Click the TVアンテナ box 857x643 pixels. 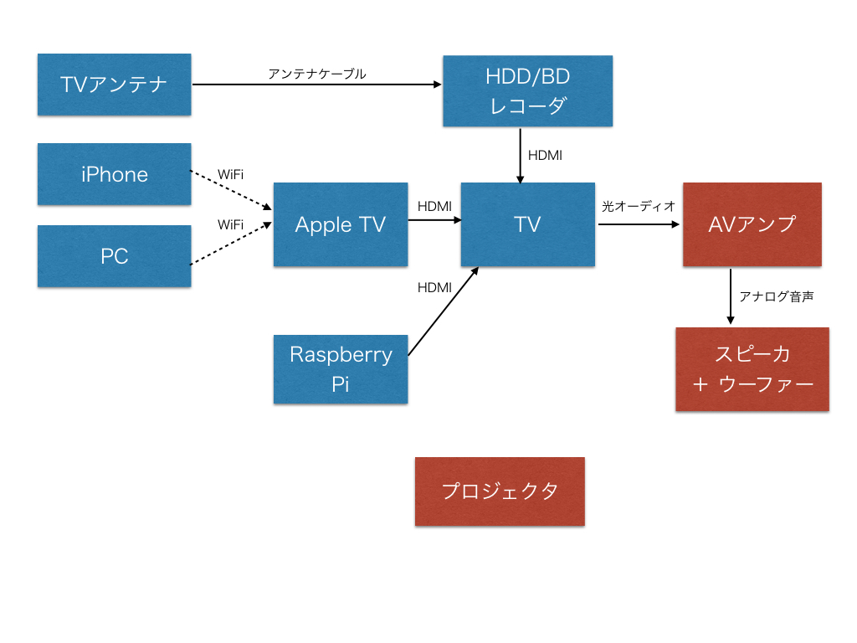115,85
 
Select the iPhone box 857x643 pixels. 115,174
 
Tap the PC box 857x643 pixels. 115,256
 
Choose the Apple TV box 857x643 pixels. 341,224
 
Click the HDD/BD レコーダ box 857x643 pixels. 527,91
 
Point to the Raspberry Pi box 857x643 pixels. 341,368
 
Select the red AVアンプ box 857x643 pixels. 752,224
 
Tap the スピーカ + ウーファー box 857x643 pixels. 752,368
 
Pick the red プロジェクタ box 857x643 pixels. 500,491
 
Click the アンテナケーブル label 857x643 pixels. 317,74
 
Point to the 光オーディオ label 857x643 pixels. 638,206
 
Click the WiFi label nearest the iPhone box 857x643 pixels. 231,175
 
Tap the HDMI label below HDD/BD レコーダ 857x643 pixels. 545,155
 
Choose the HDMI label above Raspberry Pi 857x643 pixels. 434,287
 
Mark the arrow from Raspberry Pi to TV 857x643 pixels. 443,312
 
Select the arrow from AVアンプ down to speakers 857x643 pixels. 731,296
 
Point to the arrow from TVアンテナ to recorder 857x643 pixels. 317,85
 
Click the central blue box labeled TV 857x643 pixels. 527,224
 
